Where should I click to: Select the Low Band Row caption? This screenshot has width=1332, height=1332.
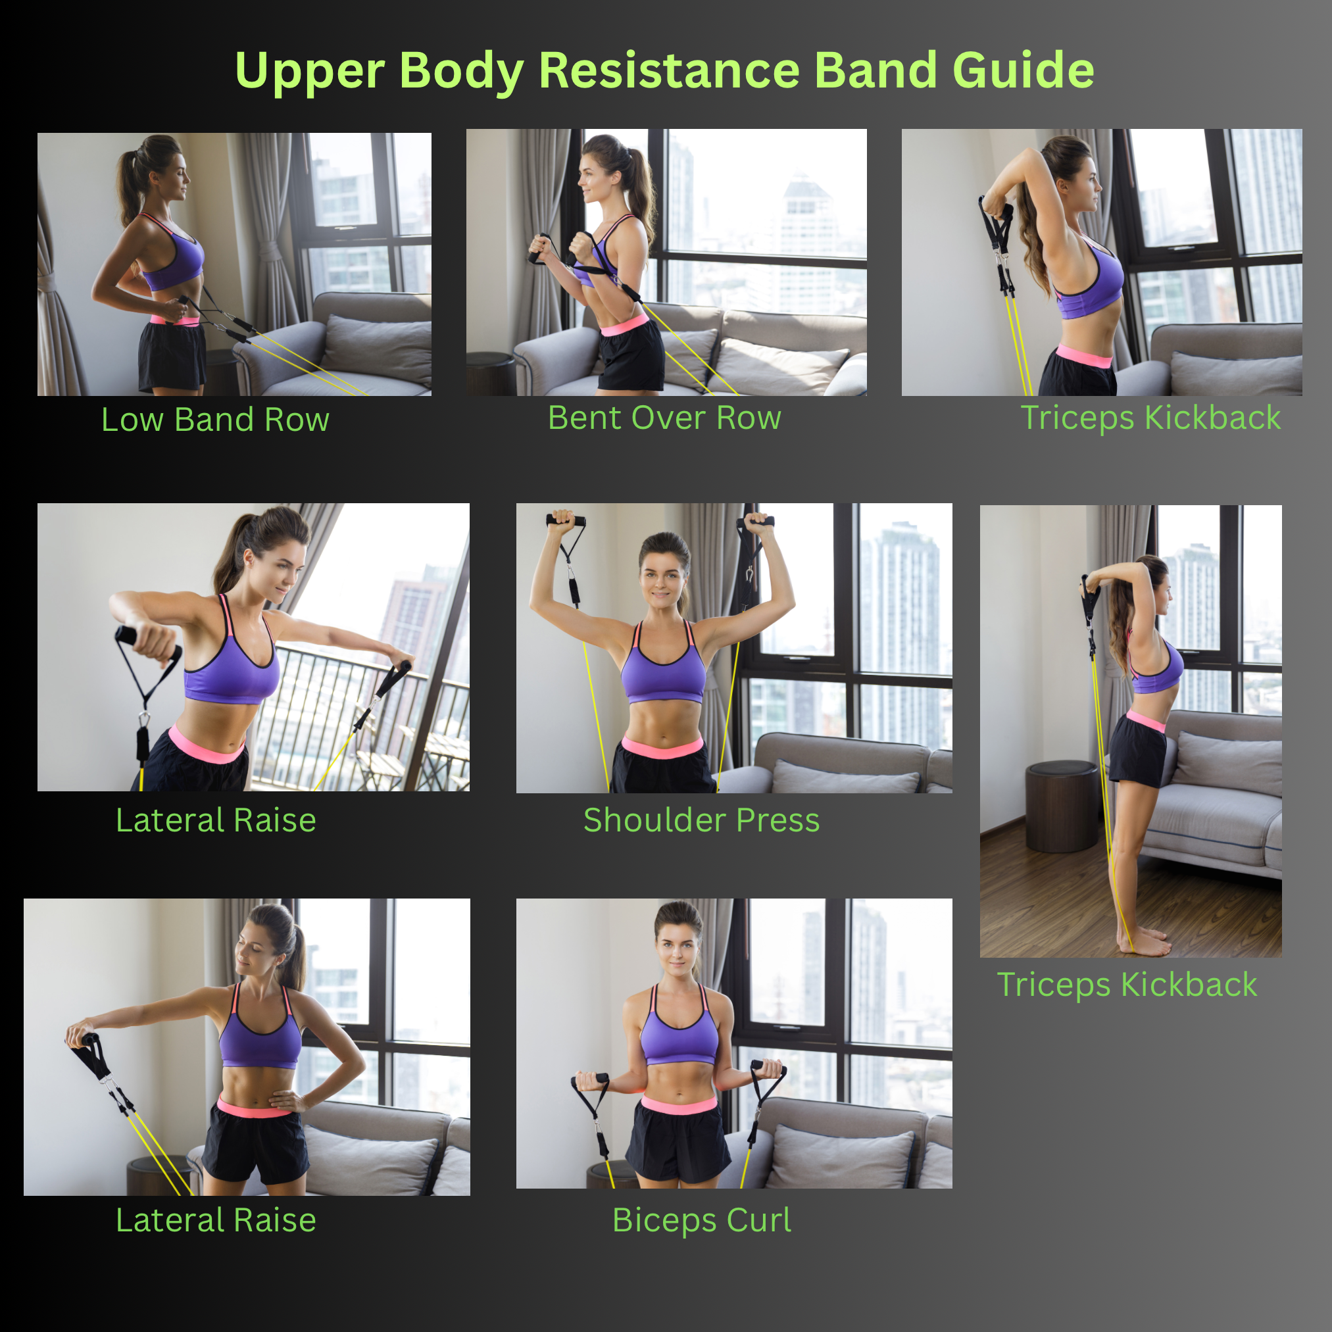215,420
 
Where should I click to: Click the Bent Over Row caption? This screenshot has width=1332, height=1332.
664,418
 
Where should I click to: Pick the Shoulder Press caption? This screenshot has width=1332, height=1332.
701,820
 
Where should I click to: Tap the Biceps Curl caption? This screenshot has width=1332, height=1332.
701,1220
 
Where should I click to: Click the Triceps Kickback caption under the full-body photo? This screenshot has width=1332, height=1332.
1127,985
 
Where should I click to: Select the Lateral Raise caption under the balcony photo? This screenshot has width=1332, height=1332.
216,820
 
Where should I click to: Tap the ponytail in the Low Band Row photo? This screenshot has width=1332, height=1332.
128,186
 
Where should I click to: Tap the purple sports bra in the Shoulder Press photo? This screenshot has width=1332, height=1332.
663,672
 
